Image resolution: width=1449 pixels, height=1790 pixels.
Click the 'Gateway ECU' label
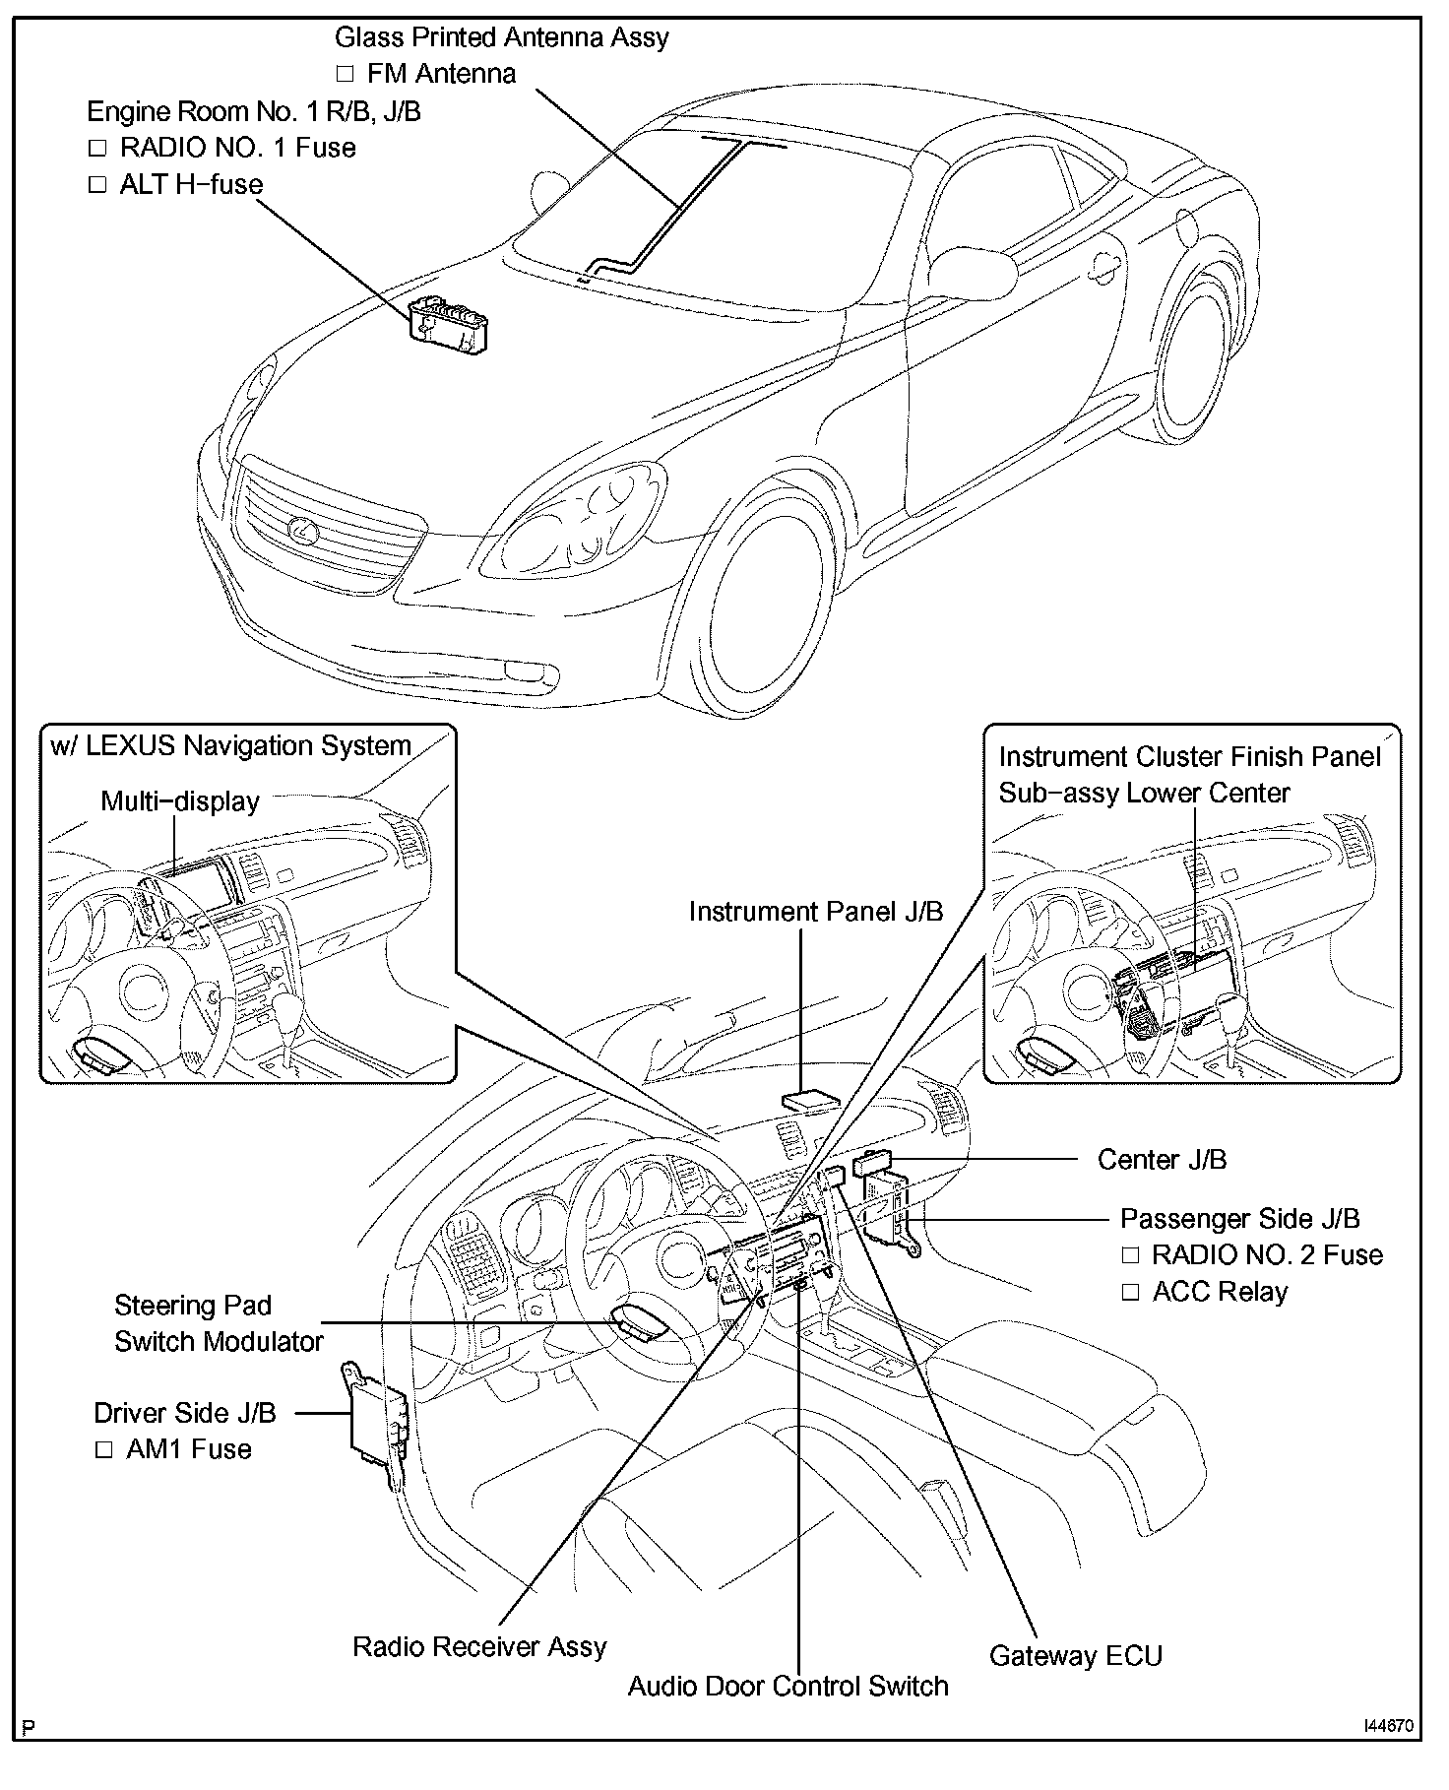pyautogui.click(x=1075, y=1655)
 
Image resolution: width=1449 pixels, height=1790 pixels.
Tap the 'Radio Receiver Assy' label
pyautogui.click(x=479, y=1646)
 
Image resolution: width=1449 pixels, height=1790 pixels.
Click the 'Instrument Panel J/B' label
pyautogui.click(x=815, y=912)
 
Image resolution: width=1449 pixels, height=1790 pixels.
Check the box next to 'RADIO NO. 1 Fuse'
pyautogui.click(x=96, y=149)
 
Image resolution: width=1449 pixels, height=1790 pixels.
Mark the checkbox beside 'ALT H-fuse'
pyautogui.click(x=96, y=185)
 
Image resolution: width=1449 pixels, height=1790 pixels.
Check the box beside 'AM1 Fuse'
pyautogui.click(x=103, y=1450)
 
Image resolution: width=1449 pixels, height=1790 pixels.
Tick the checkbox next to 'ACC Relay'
pyautogui.click(x=1130, y=1293)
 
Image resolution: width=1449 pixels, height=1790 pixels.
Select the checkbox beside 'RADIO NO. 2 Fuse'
pyautogui.click(x=1130, y=1256)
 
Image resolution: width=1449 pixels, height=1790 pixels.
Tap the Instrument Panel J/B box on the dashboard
pyautogui.click(x=809, y=1100)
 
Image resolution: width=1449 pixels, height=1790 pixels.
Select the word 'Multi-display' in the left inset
pyautogui.click(x=180, y=801)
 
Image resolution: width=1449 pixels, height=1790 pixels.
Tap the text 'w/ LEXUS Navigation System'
pyautogui.click(x=230, y=746)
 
